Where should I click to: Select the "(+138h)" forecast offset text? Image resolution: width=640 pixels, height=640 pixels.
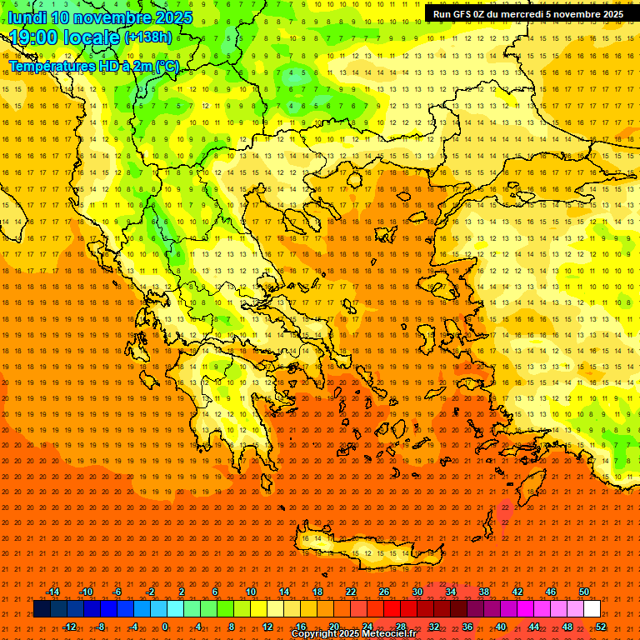tap(148, 37)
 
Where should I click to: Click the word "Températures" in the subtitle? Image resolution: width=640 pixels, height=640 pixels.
tap(48, 66)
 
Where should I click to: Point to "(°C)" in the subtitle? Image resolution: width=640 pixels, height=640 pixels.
tap(167, 66)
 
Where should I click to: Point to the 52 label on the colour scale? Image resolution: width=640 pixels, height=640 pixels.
tap(601, 626)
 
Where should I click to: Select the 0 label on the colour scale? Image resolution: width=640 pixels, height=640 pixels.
tap(165, 626)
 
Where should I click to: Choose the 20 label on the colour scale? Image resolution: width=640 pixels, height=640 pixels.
tap(333, 626)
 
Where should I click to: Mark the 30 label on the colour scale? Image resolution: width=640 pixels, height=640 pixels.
tap(417, 592)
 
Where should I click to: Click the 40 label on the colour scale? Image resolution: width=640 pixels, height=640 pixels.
tap(501, 626)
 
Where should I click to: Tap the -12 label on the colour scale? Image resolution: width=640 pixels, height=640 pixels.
tap(70, 626)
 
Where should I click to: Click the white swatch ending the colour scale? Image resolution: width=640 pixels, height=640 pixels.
tap(592, 609)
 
